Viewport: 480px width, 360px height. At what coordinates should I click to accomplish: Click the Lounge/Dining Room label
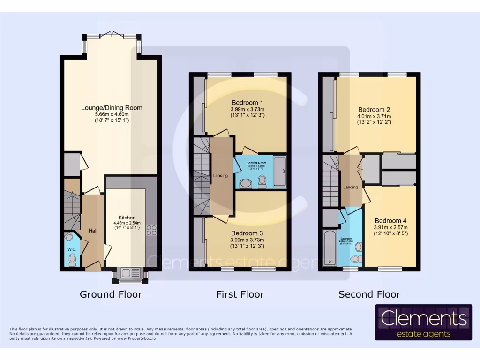[x=112, y=108]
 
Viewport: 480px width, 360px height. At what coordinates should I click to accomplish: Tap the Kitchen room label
[x=127, y=217]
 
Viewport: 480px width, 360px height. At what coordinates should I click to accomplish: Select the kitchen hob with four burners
[x=152, y=230]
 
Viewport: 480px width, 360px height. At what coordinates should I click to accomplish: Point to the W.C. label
[x=72, y=249]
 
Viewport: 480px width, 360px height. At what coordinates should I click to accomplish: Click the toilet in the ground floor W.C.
[x=72, y=260]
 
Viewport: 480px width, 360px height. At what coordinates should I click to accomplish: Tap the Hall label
[x=93, y=231]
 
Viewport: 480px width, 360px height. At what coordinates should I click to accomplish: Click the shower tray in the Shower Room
[x=280, y=172]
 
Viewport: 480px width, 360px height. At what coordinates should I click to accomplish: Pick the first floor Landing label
[x=220, y=176]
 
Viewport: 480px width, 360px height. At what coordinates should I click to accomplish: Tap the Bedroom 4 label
[x=388, y=221]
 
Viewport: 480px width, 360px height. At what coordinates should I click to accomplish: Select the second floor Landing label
[x=350, y=187]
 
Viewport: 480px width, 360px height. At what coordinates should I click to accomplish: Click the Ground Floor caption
[x=111, y=294]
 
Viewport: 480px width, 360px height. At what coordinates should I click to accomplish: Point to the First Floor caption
[x=240, y=294]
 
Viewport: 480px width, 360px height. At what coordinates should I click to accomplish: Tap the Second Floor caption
[x=369, y=294]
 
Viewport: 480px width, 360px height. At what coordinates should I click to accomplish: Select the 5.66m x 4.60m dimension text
[x=112, y=114]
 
